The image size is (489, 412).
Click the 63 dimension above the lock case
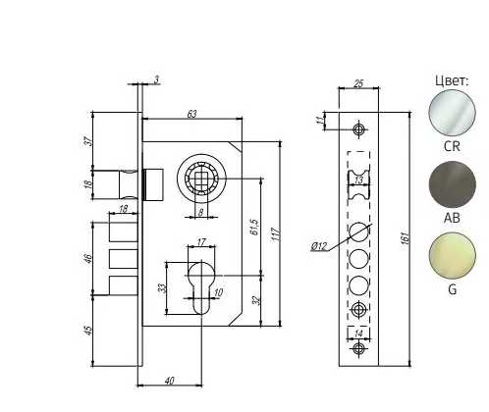191,115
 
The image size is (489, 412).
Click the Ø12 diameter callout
319,246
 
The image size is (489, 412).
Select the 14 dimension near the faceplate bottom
359,335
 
